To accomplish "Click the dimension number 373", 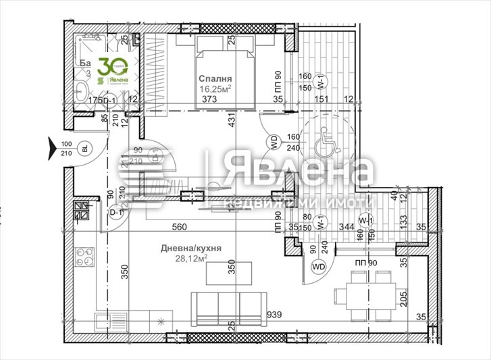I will point(209,99).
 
